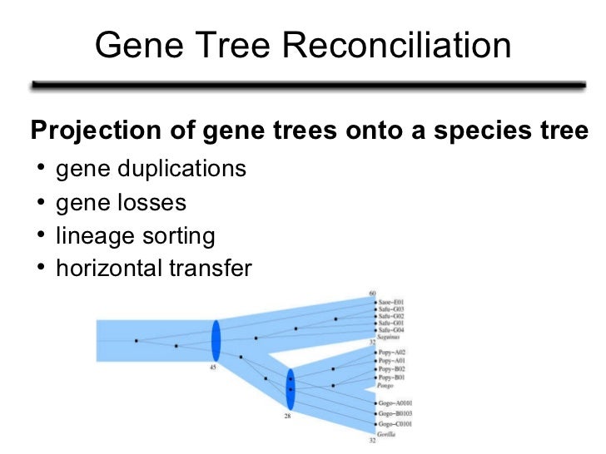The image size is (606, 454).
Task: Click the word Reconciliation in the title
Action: [398, 46]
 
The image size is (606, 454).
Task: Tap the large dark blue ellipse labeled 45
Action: [216, 340]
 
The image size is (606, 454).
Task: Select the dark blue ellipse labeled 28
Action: [291, 388]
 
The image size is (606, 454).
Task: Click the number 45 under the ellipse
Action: [213, 368]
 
